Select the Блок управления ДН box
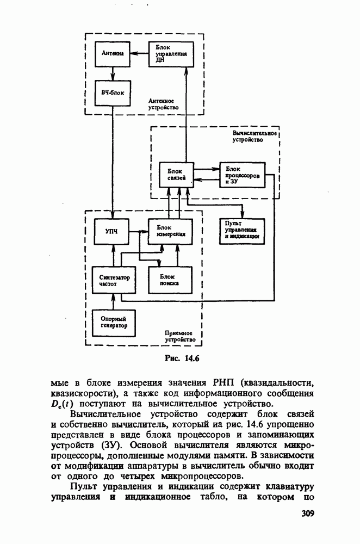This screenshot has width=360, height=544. (170, 54)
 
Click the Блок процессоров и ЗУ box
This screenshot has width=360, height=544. (242, 175)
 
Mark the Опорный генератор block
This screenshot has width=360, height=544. (113, 322)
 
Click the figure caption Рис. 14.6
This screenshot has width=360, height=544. (182, 358)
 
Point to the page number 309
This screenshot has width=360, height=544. (308, 514)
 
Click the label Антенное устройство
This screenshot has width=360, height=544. (163, 104)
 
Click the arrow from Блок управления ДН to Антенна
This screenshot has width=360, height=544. (140, 54)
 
